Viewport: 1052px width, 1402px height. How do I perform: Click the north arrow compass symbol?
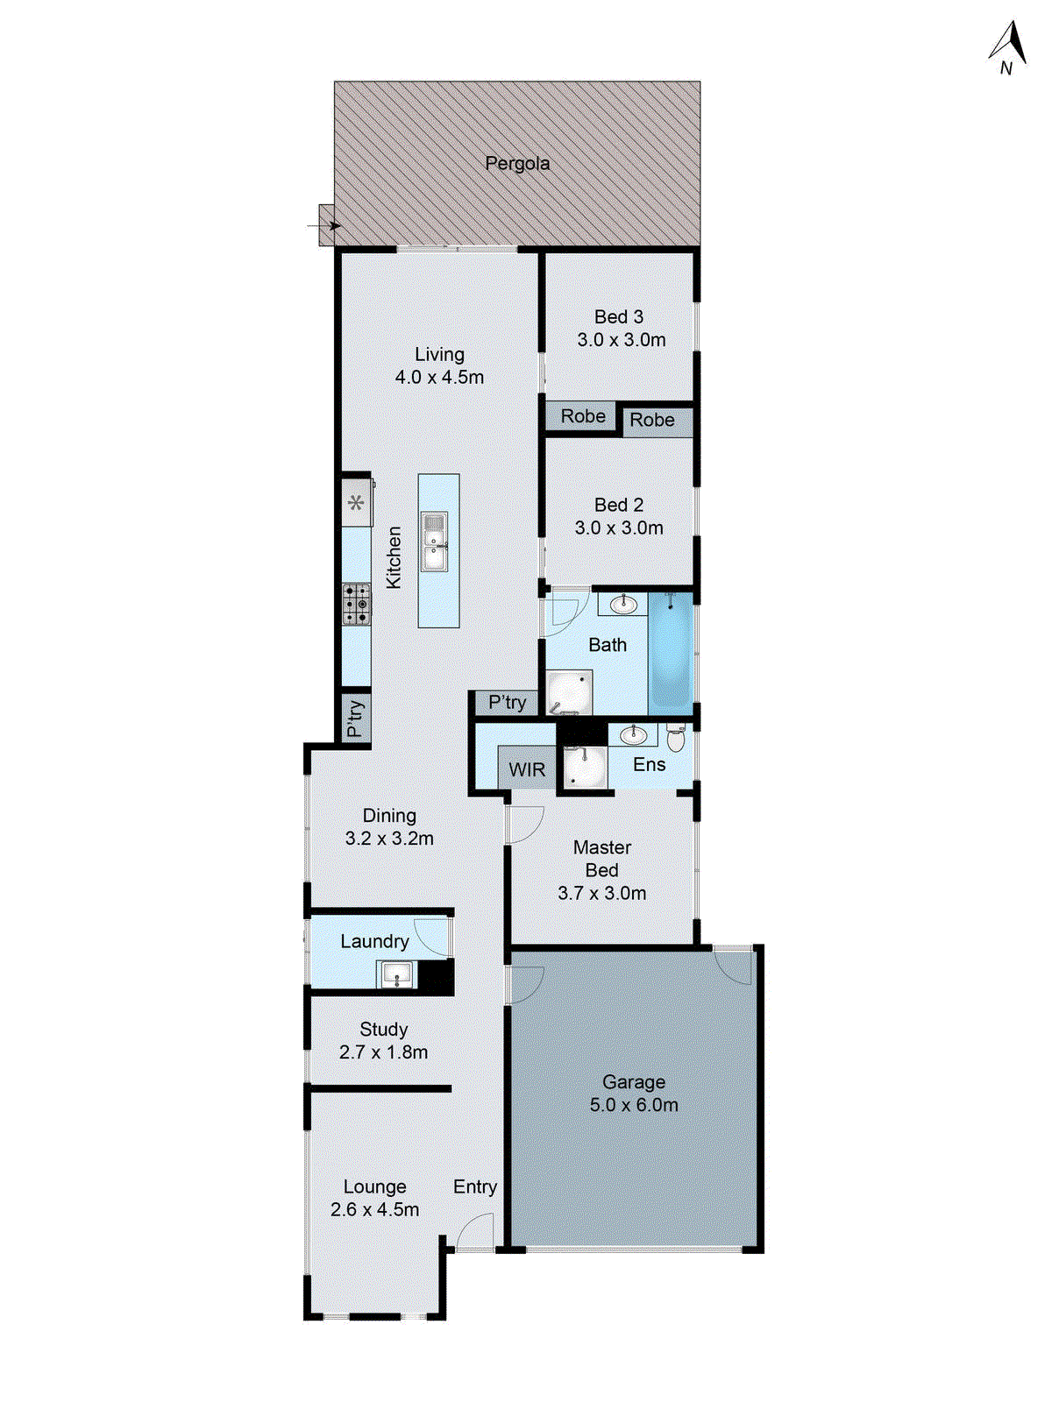coord(1011,49)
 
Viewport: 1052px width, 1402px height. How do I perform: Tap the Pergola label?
coord(517,164)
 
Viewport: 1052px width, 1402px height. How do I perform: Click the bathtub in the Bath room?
coord(672,650)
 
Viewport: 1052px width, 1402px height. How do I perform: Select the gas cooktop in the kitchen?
coord(356,605)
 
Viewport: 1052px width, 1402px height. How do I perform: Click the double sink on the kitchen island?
coord(434,542)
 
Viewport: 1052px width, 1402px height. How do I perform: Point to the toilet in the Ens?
coord(675,738)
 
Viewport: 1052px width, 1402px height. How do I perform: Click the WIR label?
coord(527,769)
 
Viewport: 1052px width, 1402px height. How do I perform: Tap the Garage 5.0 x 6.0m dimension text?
coord(634,1105)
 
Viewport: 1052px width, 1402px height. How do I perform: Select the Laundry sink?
coord(397,974)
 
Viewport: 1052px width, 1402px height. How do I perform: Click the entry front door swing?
coord(473,1232)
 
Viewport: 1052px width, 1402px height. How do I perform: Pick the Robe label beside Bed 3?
coord(583,416)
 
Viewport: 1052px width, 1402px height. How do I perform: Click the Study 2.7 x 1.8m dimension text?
coord(383,1052)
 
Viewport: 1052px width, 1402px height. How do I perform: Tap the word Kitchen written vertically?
coord(394,557)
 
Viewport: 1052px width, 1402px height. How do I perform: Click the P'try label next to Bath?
coord(508,702)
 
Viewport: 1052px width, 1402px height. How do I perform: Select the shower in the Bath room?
coord(568,692)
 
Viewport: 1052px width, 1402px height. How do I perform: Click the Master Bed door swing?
coord(524,824)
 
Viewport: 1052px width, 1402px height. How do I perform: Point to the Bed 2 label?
coord(619,505)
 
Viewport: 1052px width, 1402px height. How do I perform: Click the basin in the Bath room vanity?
coord(623,604)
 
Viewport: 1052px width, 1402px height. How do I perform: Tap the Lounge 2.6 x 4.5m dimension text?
coord(374,1209)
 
